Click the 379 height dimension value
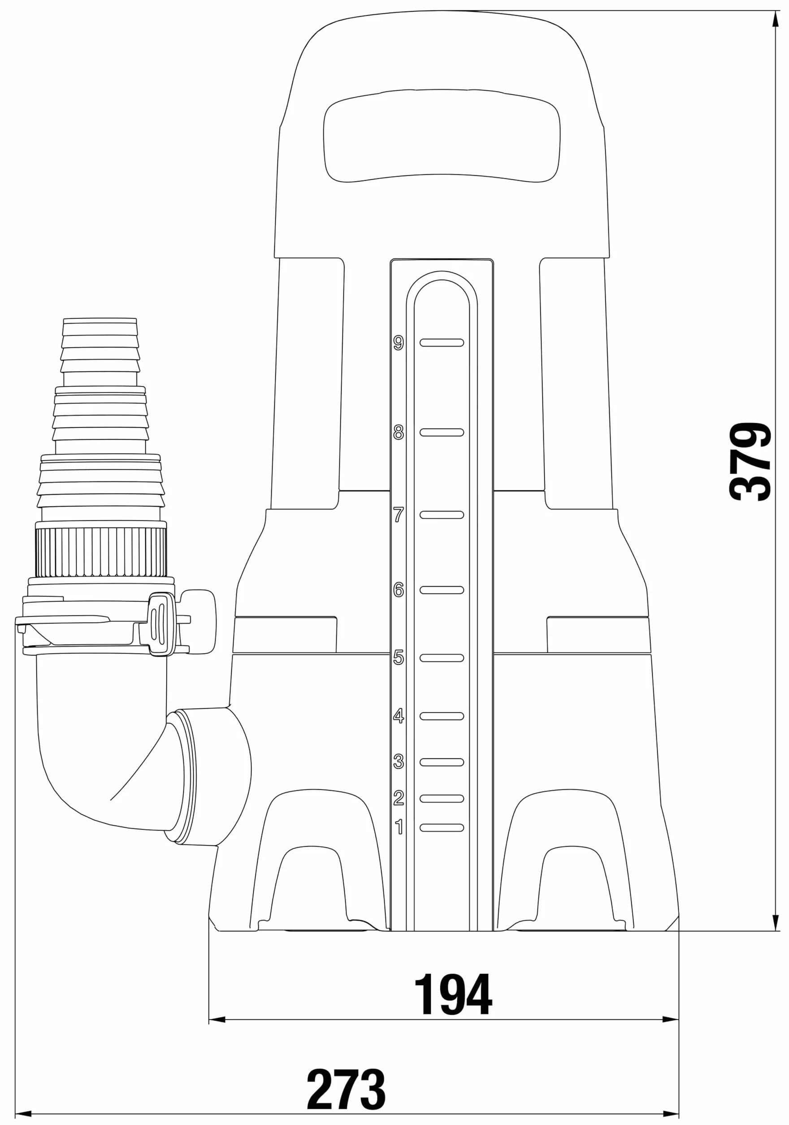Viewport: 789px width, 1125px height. [x=750, y=461]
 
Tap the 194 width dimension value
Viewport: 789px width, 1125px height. [x=453, y=994]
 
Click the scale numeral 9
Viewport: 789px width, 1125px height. [x=399, y=343]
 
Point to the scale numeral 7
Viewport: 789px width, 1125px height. [x=399, y=515]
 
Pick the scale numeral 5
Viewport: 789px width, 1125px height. [x=399, y=658]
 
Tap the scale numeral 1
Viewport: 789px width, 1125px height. [x=399, y=827]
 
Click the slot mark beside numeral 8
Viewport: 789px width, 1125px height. [x=442, y=432]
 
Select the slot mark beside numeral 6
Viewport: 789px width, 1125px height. [x=442, y=590]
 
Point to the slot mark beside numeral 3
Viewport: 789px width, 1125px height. [x=442, y=762]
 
